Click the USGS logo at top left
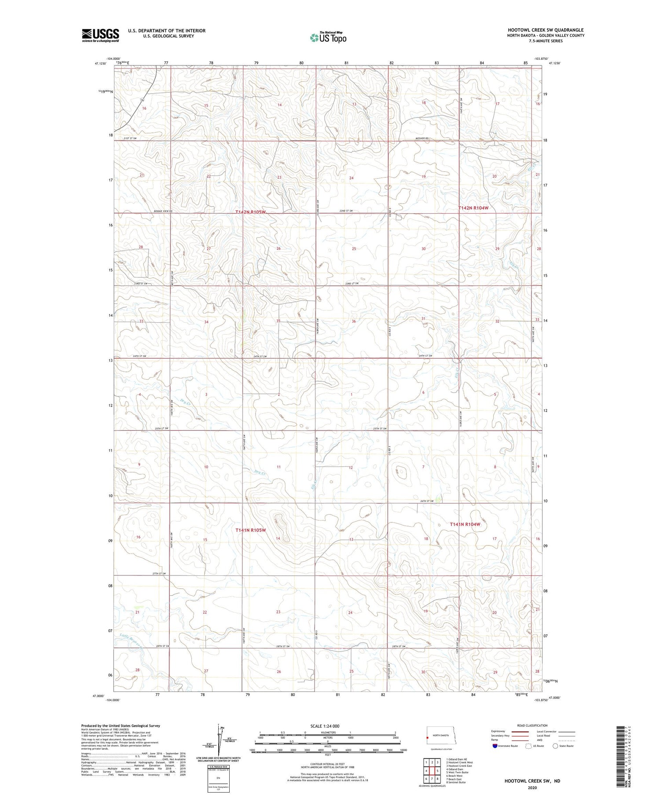(100, 35)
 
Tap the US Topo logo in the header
(328, 37)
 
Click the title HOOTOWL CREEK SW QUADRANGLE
(546, 30)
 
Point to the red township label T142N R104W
(473, 207)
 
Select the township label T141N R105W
(250, 530)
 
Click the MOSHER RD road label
(422, 138)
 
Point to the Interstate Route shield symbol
(495, 746)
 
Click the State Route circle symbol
(555, 746)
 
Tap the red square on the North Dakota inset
(427, 738)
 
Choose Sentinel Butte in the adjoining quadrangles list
(456, 782)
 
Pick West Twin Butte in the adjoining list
(457, 772)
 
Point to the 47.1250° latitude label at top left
(101, 63)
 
